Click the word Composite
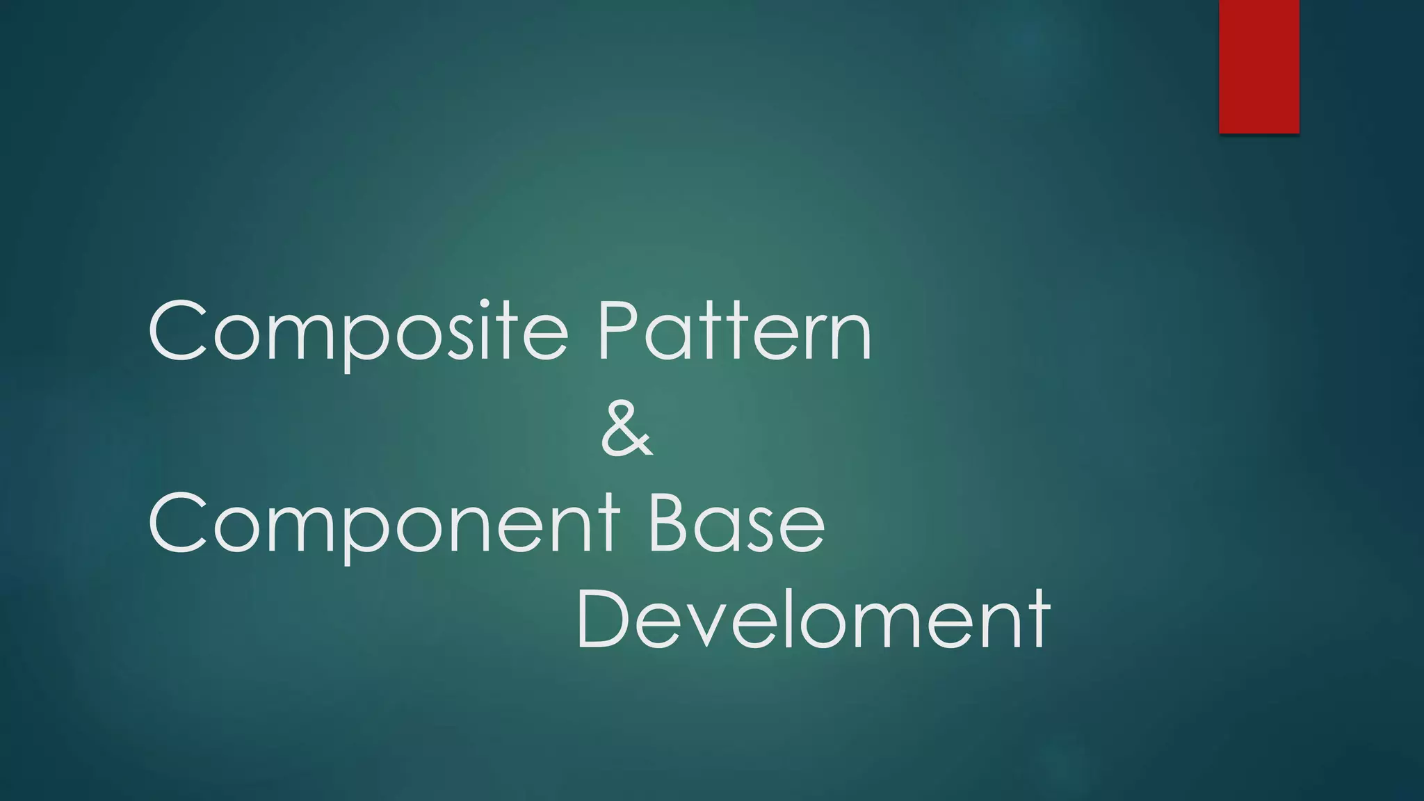click(358, 332)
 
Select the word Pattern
click(734, 332)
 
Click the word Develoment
click(813, 618)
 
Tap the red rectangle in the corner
click(1259, 66)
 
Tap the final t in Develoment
click(1039, 620)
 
